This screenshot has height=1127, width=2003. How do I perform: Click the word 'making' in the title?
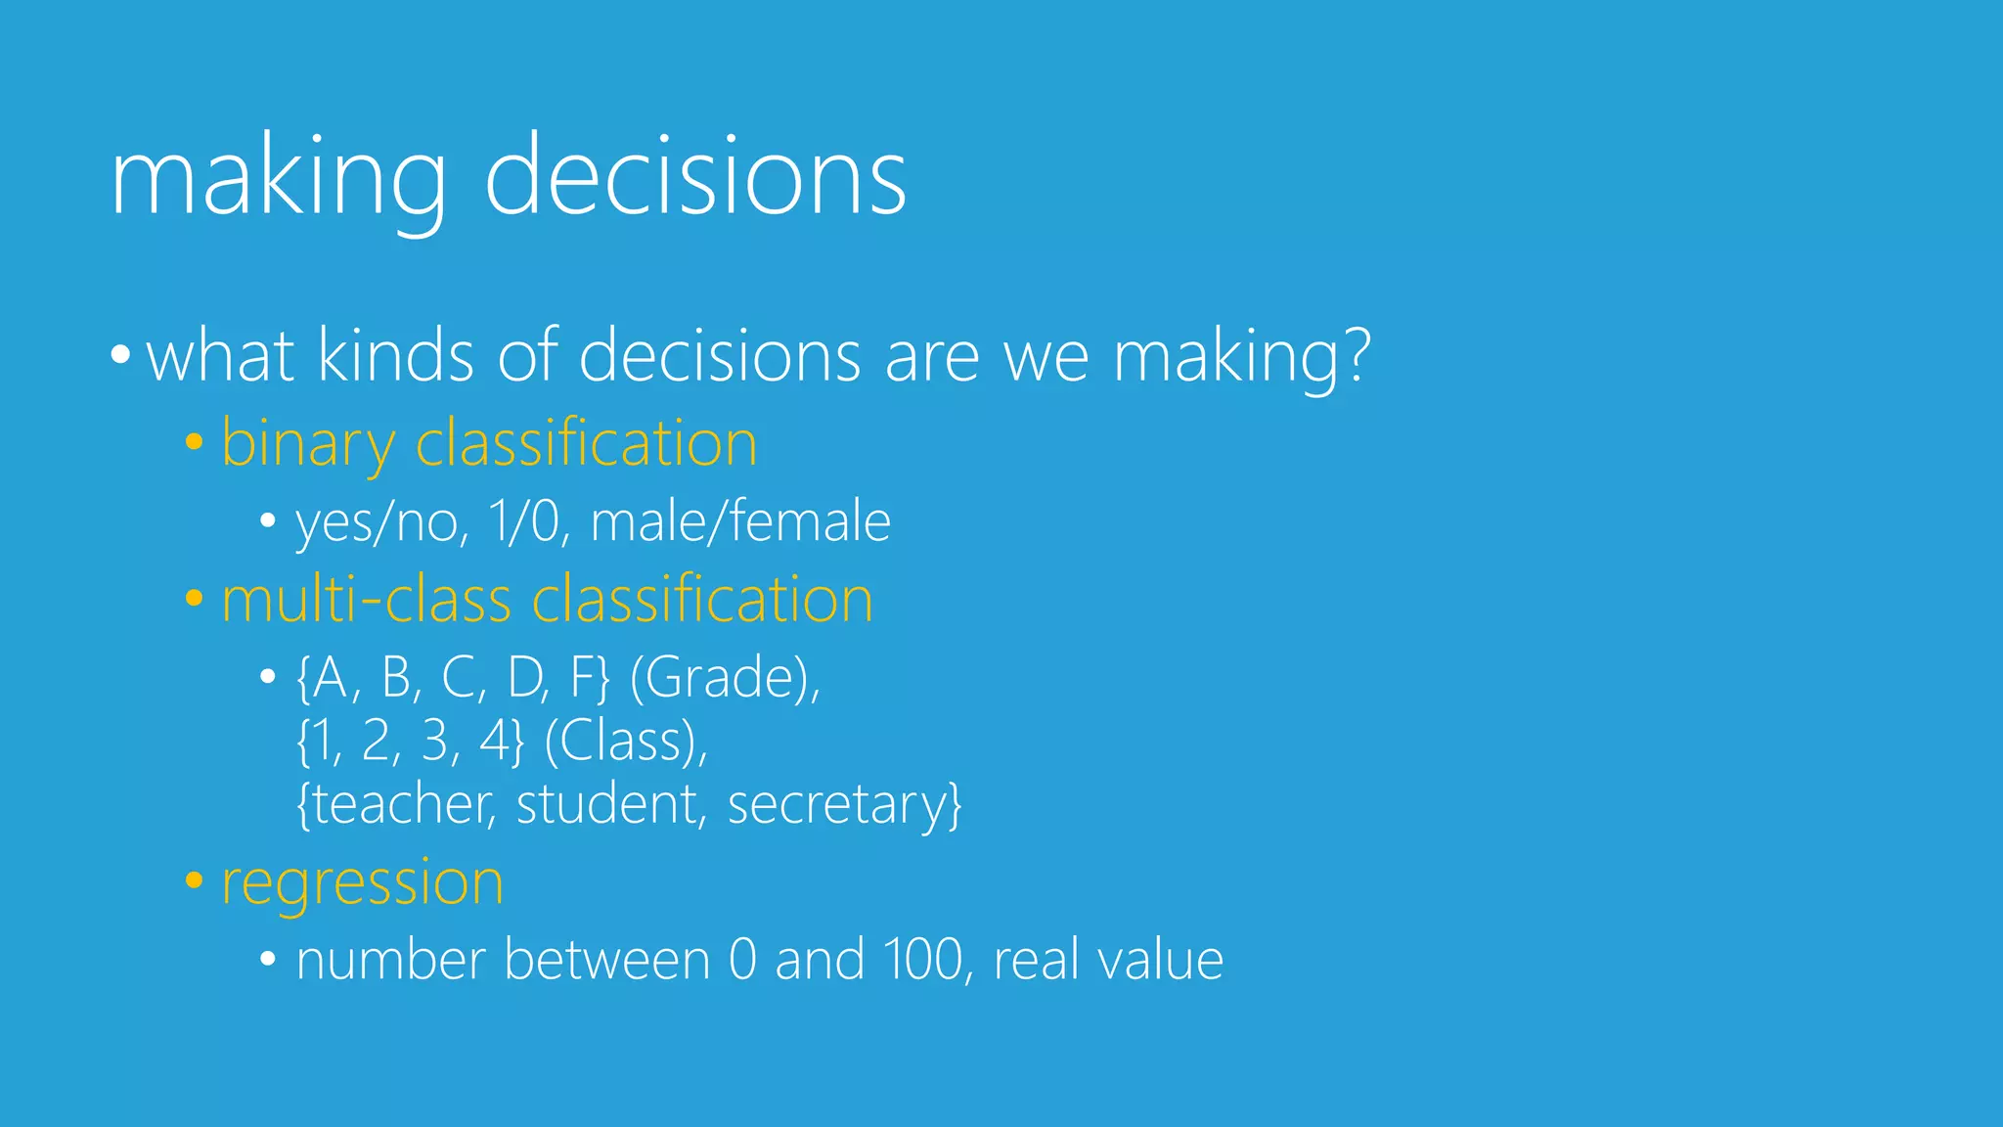coord(278,181)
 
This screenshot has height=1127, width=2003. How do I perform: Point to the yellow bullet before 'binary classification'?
coord(194,442)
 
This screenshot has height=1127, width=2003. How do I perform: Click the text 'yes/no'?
coord(378,522)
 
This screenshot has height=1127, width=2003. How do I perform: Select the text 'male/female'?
coord(740,520)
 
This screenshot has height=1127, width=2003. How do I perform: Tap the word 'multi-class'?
coord(366,599)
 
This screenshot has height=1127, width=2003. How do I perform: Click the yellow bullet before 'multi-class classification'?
coord(194,598)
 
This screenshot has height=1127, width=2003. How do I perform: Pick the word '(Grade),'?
coord(725,677)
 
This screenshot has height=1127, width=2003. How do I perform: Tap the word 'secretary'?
coord(836,806)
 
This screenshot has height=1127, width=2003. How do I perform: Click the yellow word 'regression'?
coord(362,882)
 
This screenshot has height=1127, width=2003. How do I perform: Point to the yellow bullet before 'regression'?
coord(194,880)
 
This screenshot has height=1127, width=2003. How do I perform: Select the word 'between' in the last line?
coord(606,960)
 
